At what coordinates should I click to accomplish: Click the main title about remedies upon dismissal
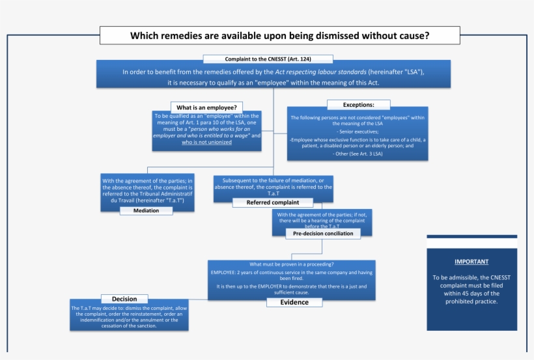(x=279, y=36)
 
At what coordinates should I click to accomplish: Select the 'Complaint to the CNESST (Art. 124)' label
(x=268, y=59)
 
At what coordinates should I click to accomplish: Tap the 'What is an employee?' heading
(x=206, y=107)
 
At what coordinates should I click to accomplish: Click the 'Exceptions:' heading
(x=358, y=105)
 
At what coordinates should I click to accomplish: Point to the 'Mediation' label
(x=146, y=210)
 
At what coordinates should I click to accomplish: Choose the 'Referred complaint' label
(x=272, y=202)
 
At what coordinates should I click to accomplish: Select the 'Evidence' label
(x=294, y=302)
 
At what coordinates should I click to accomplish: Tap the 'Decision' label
(x=124, y=299)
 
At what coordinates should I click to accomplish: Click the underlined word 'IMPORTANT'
(x=471, y=262)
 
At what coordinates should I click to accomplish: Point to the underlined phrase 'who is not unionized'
(x=206, y=142)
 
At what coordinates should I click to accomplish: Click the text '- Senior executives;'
(x=358, y=132)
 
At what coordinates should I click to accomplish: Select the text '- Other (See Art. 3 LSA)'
(x=358, y=154)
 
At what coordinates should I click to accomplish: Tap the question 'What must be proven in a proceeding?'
(x=292, y=264)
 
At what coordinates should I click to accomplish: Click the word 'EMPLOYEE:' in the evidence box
(x=225, y=272)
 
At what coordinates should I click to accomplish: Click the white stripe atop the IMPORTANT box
(x=471, y=243)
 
